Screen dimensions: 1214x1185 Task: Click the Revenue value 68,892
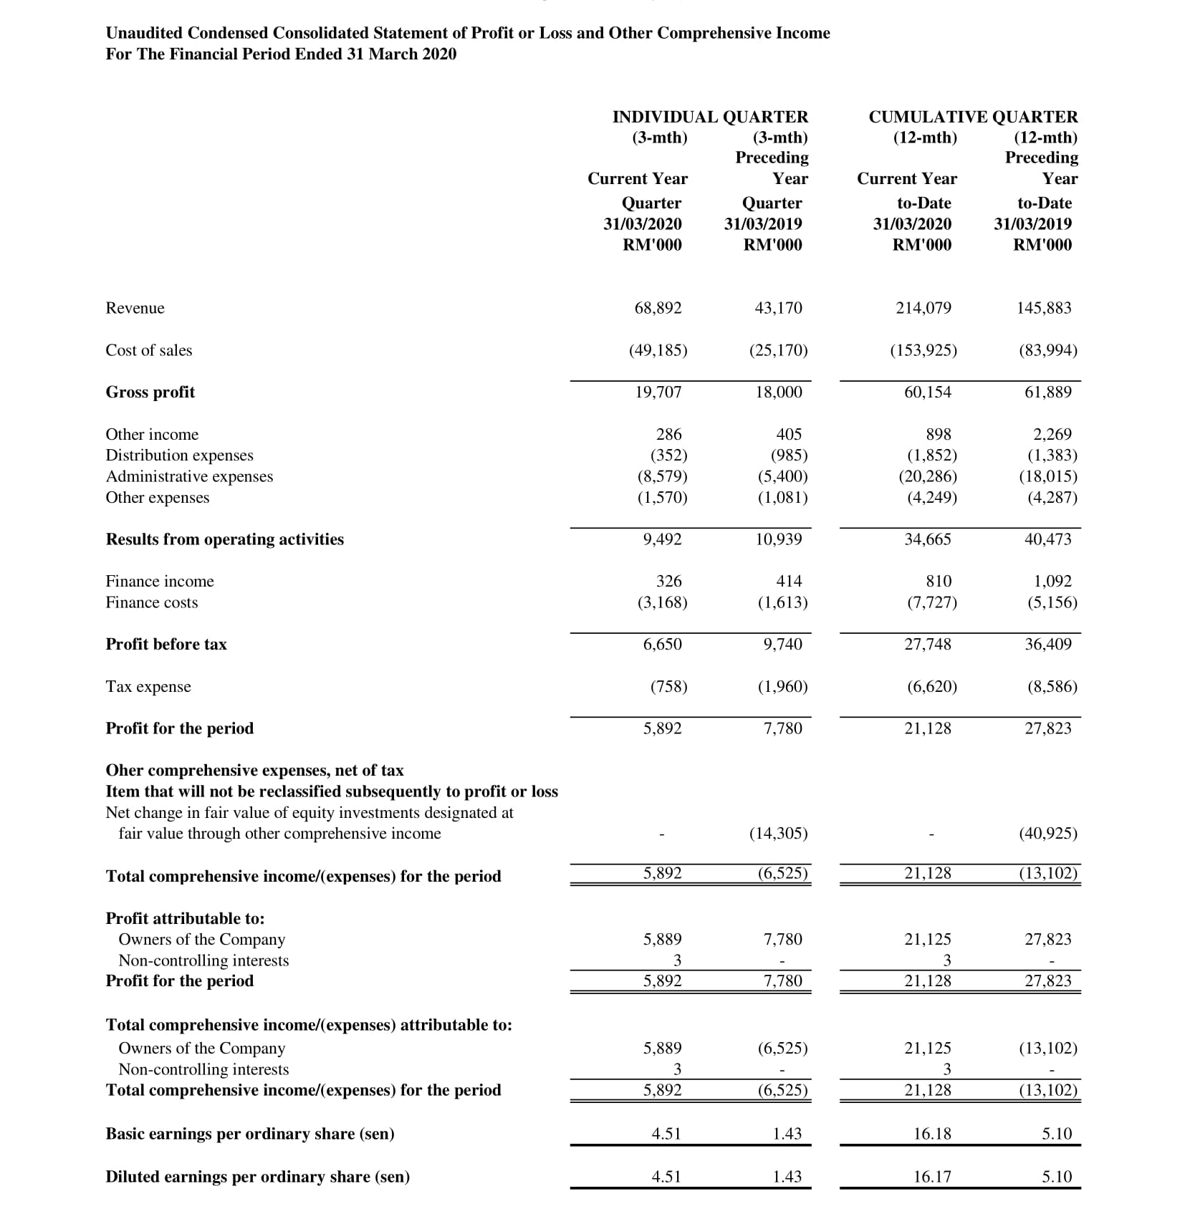(658, 308)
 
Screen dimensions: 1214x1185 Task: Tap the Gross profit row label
(150, 392)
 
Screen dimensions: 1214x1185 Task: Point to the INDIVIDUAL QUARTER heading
(709, 117)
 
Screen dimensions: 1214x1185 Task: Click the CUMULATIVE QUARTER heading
(972, 117)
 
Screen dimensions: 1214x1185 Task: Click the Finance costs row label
(151, 602)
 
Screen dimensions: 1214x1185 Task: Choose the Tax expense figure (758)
(668, 686)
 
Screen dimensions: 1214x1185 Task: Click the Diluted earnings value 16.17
(932, 1176)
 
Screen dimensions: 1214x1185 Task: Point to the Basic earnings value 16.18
(932, 1133)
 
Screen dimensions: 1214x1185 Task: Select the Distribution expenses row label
(179, 455)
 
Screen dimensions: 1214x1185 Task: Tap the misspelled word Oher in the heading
(124, 770)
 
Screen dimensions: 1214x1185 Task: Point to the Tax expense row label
(148, 686)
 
